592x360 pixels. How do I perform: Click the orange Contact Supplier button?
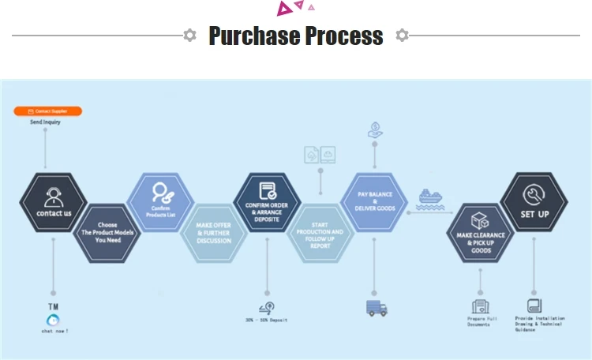tap(47, 111)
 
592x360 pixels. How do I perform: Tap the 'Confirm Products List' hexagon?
tap(160, 202)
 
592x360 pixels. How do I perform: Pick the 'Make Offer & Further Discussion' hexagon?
tap(214, 232)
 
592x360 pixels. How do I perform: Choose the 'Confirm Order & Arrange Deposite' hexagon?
tap(268, 202)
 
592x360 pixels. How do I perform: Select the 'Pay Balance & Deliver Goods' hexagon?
tap(373, 202)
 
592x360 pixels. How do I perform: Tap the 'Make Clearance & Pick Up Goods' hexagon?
tap(481, 233)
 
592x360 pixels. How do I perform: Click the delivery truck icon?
tap(377, 308)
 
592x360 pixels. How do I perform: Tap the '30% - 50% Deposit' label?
tap(267, 320)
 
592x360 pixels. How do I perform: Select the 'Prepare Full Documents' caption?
tap(481, 321)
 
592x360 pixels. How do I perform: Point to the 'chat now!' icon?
tap(54, 319)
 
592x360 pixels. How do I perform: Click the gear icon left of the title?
tap(189, 35)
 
